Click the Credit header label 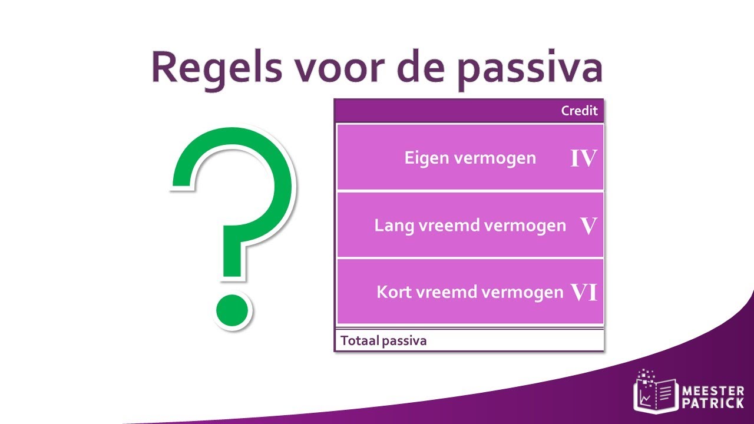(579, 111)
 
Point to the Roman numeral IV (583, 158)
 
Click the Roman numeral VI (584, 292)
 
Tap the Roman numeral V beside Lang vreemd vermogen (588, 226)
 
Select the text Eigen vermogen (470, 158)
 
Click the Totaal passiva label (383, 340)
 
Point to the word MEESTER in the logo (712, 391)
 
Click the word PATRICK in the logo (712, 404)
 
